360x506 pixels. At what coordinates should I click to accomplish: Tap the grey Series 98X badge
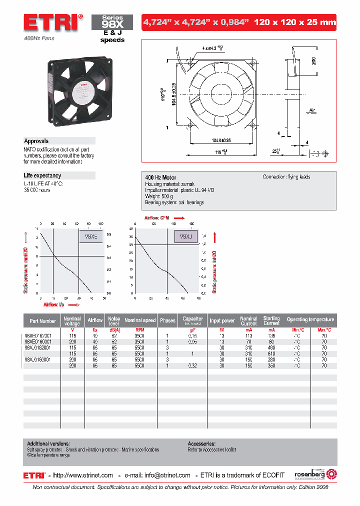pyautogui.click(x=112, y=22)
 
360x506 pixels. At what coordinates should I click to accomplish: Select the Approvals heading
pyautogui.click(x=36, y=141)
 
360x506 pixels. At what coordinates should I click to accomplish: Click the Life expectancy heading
pyautogui.click(x=42, y=175)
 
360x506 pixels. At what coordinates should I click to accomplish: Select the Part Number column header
pyautogui.click(x=43, y=321)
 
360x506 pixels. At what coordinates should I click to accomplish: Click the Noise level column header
pyautogui.click(x=114, y=320)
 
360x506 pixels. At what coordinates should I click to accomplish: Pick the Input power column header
pyautogui.click(x=222, y=321)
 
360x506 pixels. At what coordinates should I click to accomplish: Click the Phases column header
pyautogui.click(x=167, y=321)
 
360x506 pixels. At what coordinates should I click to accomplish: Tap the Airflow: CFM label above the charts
pyautogui.click(x=158, y=218)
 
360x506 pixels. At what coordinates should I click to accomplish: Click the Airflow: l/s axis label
pyautogui.click(x=54, y=303)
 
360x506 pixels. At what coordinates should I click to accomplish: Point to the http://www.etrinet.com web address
pyautogui.click(x=83, y=475)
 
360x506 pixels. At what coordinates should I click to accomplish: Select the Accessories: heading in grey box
pyautogui.click(x=201, y=443)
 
